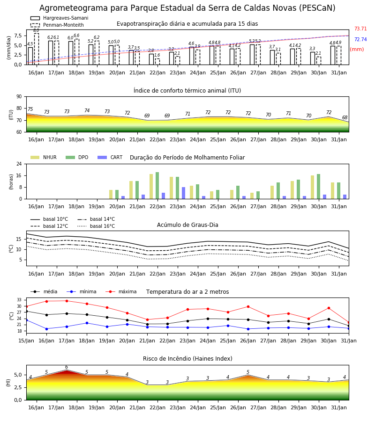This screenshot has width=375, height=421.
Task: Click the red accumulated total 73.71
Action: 360,29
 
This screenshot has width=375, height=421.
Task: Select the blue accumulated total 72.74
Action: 360,39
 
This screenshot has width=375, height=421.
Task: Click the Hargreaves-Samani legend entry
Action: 60,18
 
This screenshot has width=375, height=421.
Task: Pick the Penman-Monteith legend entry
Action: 57,25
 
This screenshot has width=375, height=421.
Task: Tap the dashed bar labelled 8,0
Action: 37,49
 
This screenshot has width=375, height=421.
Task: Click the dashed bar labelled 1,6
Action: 157,62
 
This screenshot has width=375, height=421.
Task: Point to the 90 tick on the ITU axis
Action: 19,97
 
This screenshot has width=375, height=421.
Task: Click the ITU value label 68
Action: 345,117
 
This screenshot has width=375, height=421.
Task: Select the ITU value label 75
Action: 30,109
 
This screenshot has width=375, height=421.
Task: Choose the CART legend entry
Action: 110,157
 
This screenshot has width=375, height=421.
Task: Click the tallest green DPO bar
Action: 157,186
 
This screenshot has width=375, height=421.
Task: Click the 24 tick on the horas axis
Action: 19,164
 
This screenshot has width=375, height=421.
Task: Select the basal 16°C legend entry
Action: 96,226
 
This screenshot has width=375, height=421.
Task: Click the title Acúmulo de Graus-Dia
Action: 187,225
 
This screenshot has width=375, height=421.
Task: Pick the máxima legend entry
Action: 121,291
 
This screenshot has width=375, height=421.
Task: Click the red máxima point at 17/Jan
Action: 67,301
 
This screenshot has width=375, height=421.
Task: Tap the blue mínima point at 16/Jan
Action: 46,329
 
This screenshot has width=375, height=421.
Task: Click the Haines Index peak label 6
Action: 67,367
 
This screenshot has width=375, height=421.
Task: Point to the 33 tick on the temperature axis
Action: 19,300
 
